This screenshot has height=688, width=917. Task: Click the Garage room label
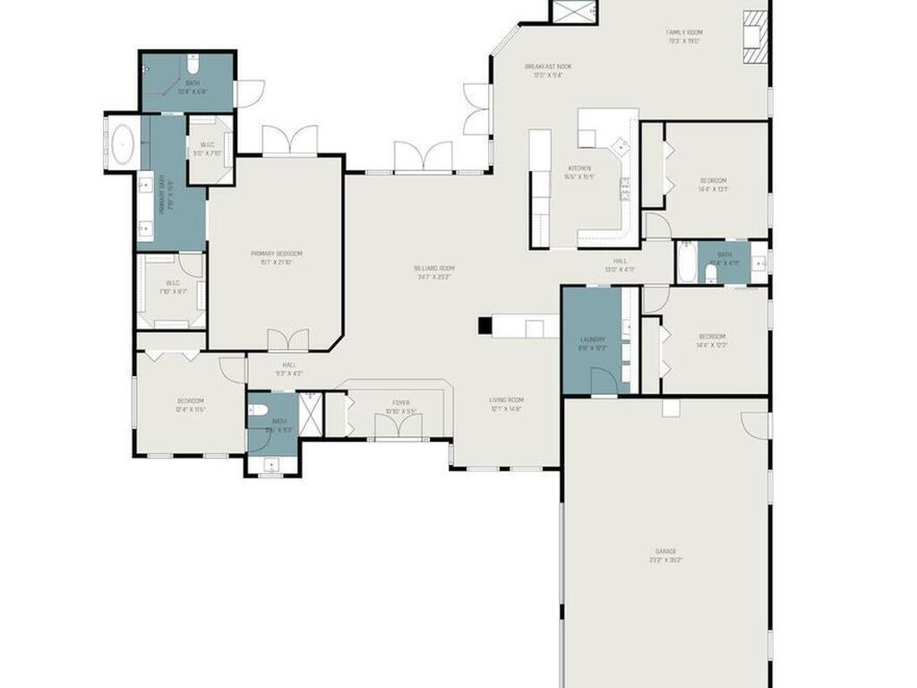point(665,555)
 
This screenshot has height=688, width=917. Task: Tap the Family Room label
point(684,36)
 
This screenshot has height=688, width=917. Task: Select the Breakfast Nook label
point(548,70)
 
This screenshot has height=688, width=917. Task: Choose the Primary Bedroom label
point(276,257)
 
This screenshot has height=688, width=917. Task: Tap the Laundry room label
point(593,343)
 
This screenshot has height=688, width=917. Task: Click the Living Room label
point(506,403)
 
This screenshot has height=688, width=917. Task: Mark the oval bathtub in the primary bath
point(122,144)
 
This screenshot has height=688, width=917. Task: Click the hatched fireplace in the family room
point(756,37)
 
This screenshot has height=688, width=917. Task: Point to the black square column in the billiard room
point(484,326)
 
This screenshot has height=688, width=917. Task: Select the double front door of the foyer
point(398,427)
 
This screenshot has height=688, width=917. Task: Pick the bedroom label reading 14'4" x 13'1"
point(713,184)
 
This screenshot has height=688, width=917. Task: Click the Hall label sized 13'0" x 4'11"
point(620,265)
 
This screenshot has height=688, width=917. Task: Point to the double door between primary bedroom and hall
point(289,340)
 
